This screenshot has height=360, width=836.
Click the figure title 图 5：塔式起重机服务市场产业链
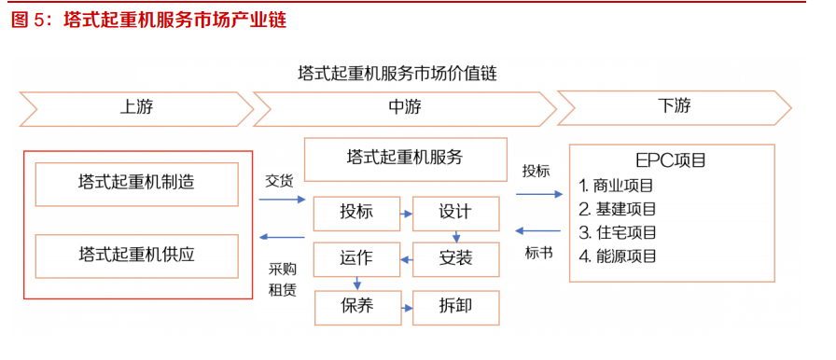[x=148, y=20]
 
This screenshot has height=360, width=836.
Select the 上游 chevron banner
[x=135, y=107]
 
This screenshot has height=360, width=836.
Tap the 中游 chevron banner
[x=404, y=107]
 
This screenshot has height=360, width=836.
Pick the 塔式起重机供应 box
[x=137, y=255]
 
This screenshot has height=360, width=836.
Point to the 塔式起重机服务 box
[x=405, y=159]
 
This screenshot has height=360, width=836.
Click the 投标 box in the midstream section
[x=356, y=214]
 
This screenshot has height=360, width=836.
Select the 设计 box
[x=455, y=214]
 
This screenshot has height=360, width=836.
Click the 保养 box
[x=356, y=305]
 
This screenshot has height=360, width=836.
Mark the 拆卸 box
[x=455, y=305]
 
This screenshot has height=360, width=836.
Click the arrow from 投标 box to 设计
[x=406, y=214]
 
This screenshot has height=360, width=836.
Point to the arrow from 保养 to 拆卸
[x=406, y=305]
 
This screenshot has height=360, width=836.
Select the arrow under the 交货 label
[x=283, y=200]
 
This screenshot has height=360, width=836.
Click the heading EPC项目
[x=671, y=160]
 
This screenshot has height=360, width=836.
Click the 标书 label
[x=538, y=252]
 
